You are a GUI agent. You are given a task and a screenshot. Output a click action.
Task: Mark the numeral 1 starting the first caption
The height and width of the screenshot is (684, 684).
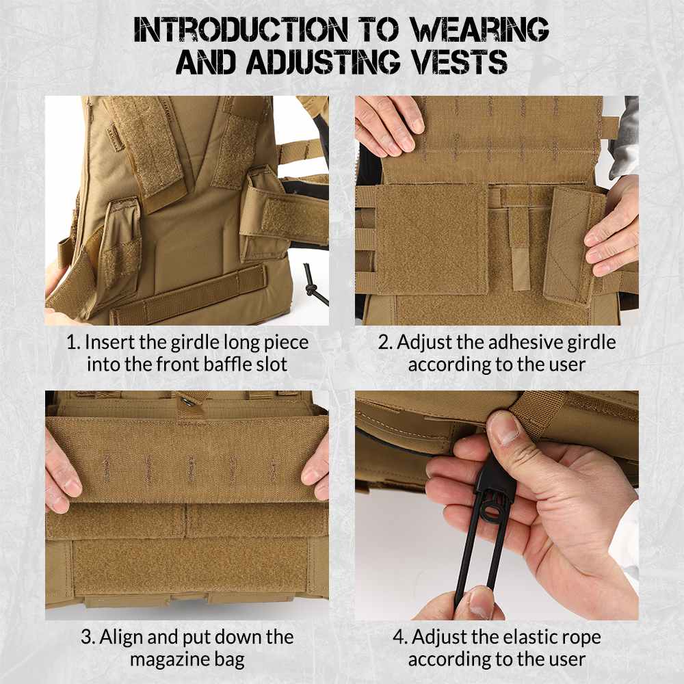pos(70,341)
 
